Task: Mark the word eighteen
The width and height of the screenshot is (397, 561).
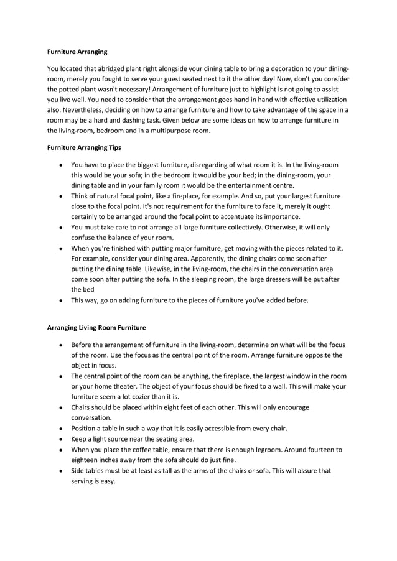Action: [x=86, y=460]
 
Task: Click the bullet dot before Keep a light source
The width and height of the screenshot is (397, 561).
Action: [x=60, y=439]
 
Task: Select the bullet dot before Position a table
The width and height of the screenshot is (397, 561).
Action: [x=60, y=429]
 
